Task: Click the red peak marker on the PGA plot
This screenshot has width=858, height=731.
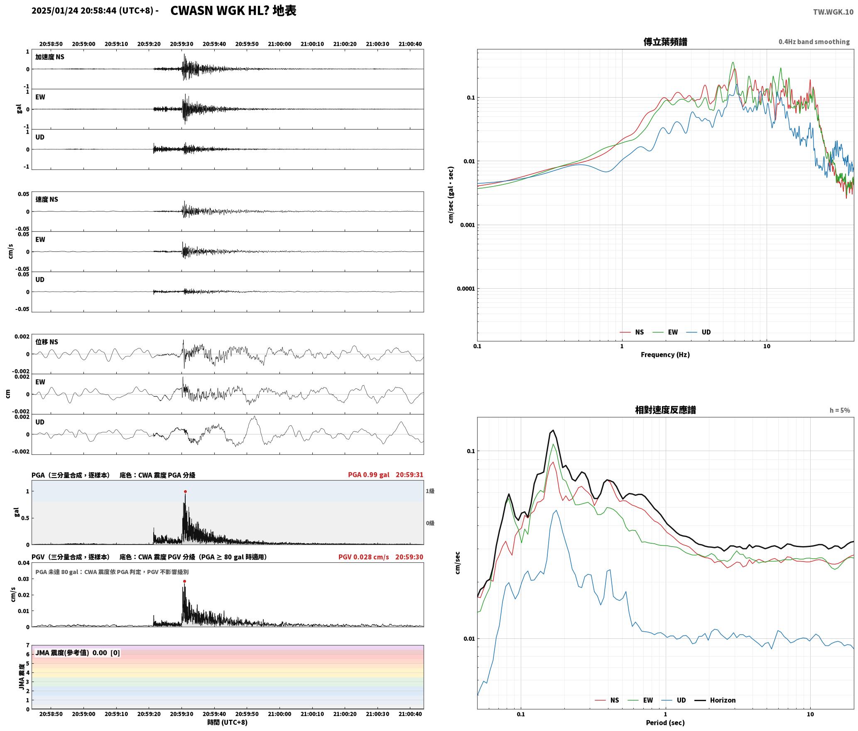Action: point(185,491)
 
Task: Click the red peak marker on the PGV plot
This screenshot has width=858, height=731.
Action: point(184,581)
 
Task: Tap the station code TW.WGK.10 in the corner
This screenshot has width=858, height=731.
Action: point(833,12)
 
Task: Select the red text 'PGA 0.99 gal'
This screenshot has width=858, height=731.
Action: point(369,475)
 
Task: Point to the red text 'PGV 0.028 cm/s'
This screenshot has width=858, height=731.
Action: point(364,557)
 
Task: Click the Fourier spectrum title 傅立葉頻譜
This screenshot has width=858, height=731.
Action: point(665,42)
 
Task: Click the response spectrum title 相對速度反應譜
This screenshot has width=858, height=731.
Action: point(665,410)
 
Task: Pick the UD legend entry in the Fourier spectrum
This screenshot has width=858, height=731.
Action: point(699,332)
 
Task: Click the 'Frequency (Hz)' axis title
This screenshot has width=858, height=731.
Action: point(665,355)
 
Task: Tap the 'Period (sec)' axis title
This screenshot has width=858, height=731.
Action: point(665,723)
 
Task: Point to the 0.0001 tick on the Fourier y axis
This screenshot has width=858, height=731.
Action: point(466,289)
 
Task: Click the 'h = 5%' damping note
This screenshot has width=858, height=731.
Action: point(840,410)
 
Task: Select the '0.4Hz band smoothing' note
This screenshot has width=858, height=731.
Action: point(814,42)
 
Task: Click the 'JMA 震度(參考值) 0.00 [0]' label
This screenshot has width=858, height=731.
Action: point(78,653)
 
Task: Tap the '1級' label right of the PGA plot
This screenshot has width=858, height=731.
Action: point(430,491)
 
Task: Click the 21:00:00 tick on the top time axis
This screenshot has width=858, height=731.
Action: point(279,44)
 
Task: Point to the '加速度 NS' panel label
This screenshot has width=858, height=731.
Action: point(50,57)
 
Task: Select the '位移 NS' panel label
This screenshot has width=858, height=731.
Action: point(47,342)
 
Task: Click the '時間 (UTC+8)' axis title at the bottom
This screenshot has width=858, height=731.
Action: point(228,722)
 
